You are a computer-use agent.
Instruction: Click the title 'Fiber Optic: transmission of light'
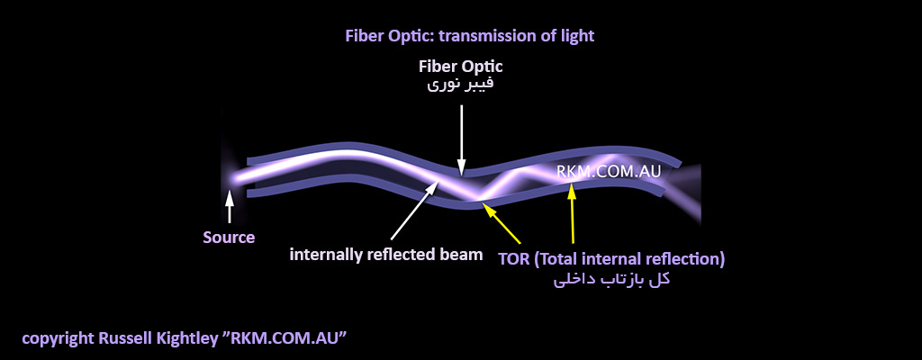470,37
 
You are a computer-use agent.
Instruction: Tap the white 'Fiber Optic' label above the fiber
461,66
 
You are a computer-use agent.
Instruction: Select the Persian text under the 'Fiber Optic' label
460,84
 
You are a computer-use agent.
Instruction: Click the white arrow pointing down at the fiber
462,138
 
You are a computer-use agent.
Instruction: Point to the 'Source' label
230,238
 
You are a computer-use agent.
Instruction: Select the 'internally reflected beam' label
386,256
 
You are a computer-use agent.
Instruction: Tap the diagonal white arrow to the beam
414,211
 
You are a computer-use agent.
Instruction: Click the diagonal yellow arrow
501,222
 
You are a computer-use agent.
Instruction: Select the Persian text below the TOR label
611,279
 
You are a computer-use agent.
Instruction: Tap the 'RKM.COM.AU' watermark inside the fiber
610,173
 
